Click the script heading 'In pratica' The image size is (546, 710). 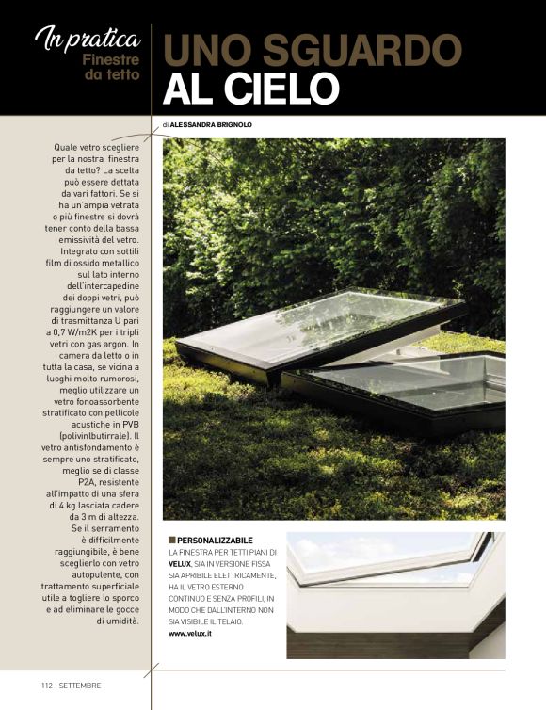pyautogui.click(x=88, y=39)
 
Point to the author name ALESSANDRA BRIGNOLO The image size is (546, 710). pyautogui.click(x=212, y=124)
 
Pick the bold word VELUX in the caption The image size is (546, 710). pyautogui.click(x=181, y=563)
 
